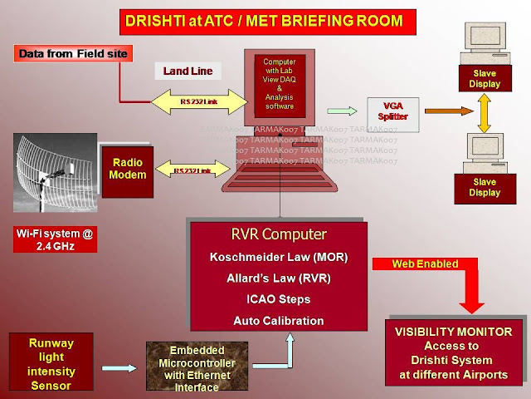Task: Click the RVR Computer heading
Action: pos(277,234)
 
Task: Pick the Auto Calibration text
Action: pos(277,320)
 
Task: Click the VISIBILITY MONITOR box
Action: pos(455,352)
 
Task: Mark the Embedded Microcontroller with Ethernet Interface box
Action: pos(191,367)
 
